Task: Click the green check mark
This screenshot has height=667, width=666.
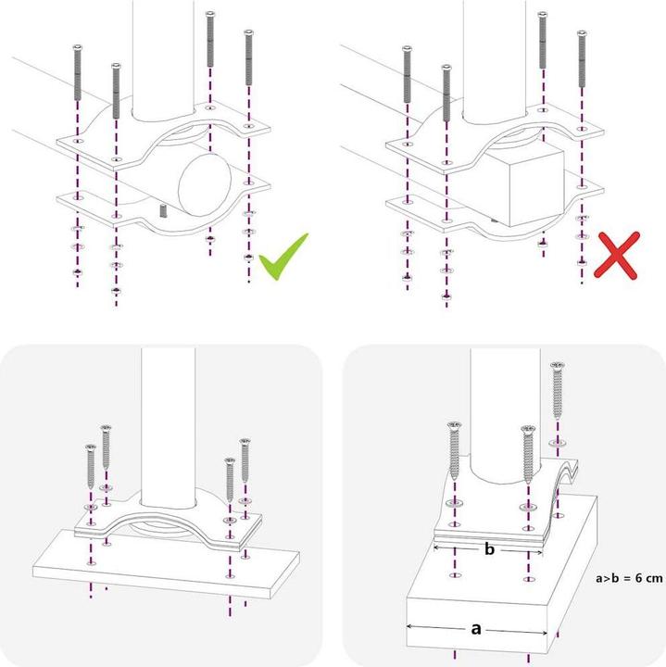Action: pos(283,257)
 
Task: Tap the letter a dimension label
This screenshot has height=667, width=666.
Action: pos(476,629)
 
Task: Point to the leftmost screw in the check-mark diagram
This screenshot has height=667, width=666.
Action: pos(76,79)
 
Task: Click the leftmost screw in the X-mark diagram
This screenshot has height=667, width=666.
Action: pos(406,79)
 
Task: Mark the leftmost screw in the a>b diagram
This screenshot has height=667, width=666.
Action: pos(454,454)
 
